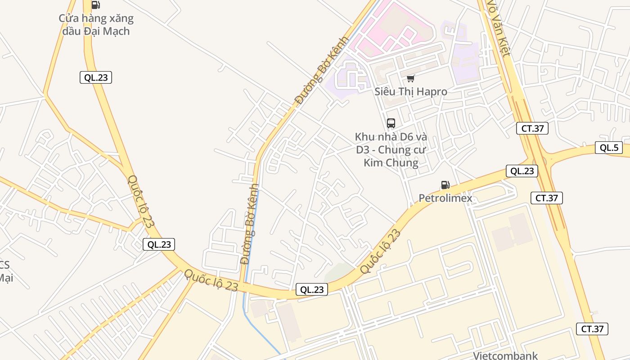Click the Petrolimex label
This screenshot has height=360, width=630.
(445, 198)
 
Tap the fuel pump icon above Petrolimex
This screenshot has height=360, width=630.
(445, 185)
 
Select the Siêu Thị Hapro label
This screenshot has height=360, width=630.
(411, 91)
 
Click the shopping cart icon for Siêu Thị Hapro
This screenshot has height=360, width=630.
(410, 79)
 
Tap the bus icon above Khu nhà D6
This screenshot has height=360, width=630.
(391, 123)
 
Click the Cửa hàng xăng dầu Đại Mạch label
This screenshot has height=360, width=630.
(96, 25)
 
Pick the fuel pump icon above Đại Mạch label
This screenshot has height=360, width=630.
(95, 5)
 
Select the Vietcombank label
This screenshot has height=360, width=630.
(505, 355)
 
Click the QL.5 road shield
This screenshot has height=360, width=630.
(608, 148)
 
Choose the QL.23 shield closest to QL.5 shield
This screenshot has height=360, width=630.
(522, 171)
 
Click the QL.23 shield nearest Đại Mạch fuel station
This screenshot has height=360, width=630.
(96, 77)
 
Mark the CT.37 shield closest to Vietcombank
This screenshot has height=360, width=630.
(592, 328)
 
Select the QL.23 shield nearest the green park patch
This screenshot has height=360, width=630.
(311, 290)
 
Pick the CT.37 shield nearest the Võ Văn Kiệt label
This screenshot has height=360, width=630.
(532, 128)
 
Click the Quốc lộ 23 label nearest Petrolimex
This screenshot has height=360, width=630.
(380, 251)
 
